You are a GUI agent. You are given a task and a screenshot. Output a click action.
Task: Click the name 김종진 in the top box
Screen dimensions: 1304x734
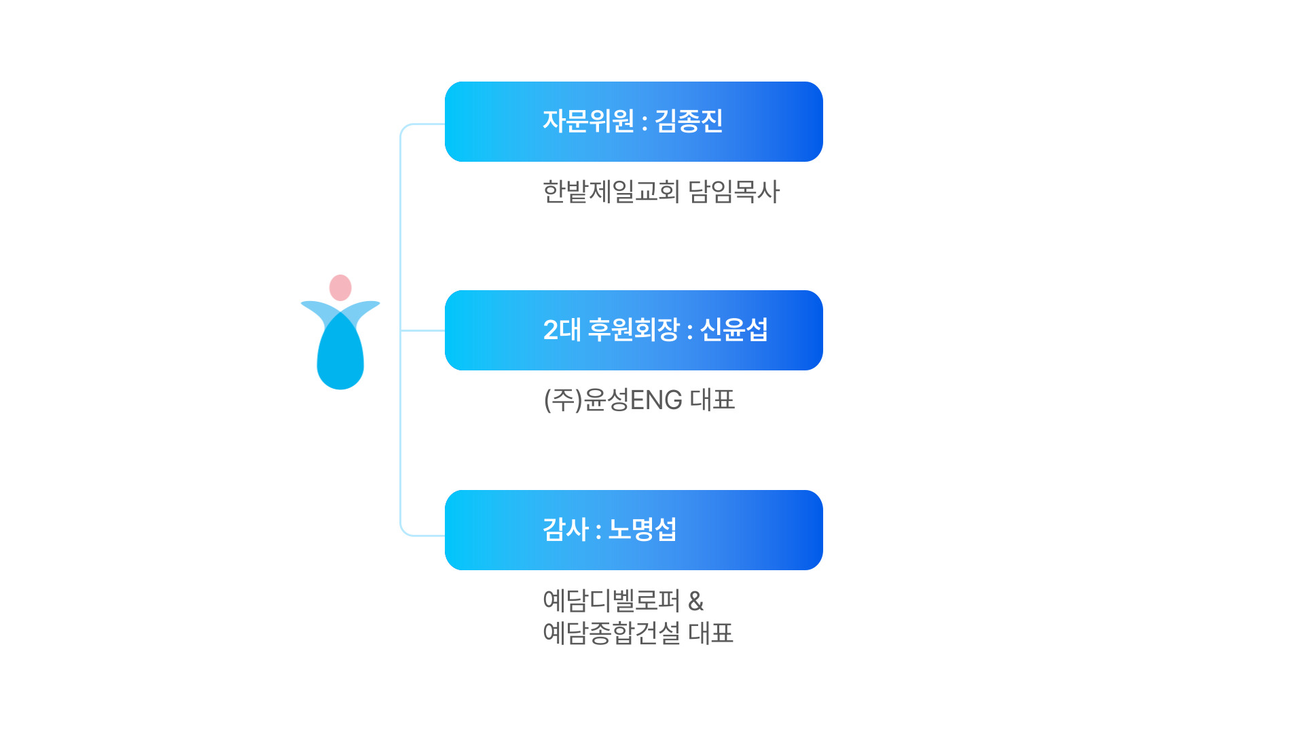pyautogui.click(x=688, y=122)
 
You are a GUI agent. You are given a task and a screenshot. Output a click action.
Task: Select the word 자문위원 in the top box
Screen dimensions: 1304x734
pyautogui.click(x=588, y=122)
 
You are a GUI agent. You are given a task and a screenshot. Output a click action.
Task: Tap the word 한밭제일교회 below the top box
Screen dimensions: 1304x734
pyautogui.click(x=611, y=192)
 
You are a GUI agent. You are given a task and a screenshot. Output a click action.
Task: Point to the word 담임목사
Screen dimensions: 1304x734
pyautogui.click(x=733, y=192)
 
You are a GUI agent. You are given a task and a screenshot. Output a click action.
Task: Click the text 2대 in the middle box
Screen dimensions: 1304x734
pyautogui.click(x=562, y=330)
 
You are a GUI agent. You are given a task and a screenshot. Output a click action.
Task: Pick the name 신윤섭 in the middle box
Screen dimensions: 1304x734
pyautogui.click(x=733, y=330)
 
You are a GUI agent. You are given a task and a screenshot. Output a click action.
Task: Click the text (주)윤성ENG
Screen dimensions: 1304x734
pyautogui.click(x=613, y=400)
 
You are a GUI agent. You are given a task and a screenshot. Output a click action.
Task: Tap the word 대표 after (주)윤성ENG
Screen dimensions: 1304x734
pyautogui.click(x=712, y=400)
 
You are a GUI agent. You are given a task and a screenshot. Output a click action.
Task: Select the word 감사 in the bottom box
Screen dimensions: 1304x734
pyautogui.click(x=565, y=530)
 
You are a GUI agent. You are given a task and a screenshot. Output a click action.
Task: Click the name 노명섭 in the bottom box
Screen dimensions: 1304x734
pyautogui.click(x=642, y=530)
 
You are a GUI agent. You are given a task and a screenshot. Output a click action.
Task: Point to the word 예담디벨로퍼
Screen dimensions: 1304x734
pyautogui.click(x=611, y=601)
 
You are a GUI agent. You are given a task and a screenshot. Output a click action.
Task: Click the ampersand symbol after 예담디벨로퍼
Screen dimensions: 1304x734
pyautogui.click(x=695, y=601)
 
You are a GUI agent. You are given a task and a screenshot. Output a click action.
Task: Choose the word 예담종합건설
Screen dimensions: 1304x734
pyautogui.click(x=611, y=633)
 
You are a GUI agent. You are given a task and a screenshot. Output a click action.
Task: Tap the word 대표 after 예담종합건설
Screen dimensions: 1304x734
pyautogui.click(x=710, y=633)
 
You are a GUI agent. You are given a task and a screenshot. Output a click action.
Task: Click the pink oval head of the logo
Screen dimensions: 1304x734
pyautogui.click(x=340, y=287)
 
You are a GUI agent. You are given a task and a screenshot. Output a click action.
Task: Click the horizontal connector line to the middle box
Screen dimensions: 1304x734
pyautogui.click(x=422, y=330)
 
